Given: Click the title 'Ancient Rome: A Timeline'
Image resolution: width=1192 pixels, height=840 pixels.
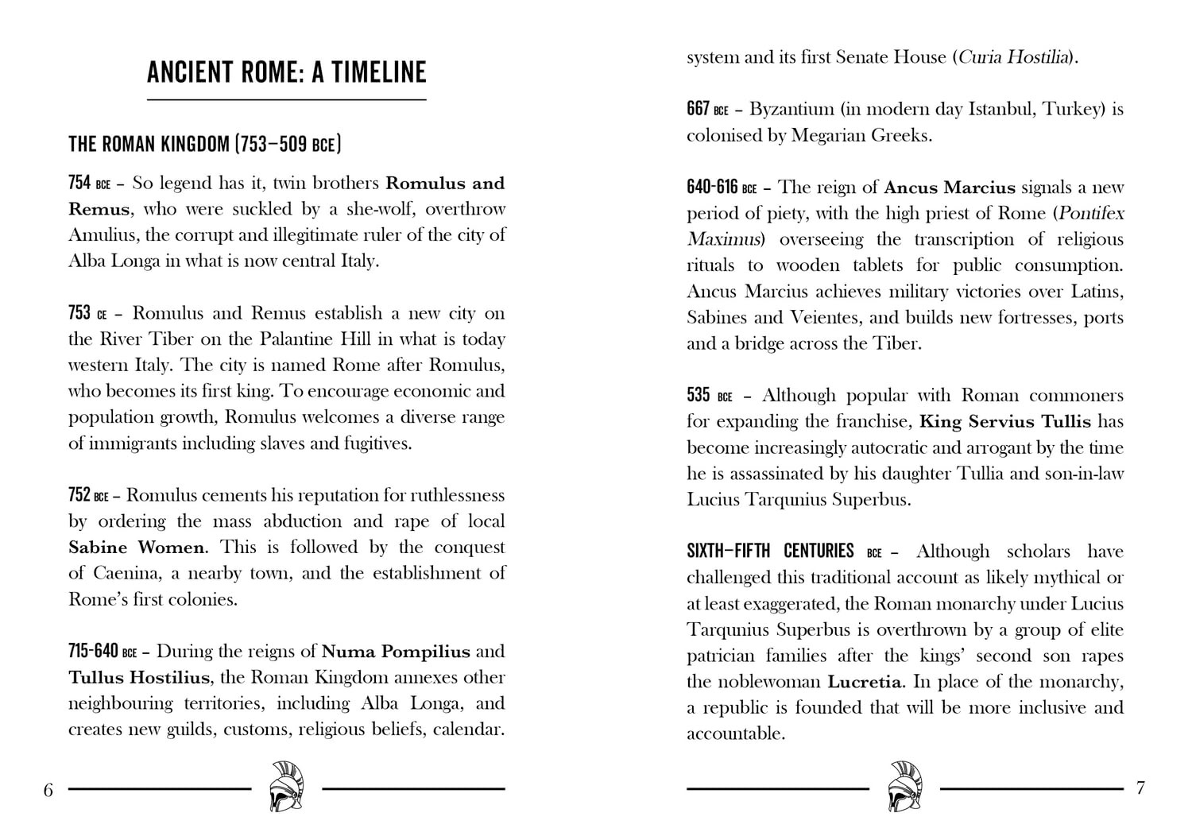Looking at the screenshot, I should click(x=286, y=72).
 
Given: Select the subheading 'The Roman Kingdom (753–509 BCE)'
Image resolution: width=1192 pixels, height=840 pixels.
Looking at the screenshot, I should click(x=204, y=144).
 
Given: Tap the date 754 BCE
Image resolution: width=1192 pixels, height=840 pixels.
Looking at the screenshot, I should click(x=89, y=184).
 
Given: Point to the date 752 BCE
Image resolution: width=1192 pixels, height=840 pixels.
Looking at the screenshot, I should click(x=88, y=496).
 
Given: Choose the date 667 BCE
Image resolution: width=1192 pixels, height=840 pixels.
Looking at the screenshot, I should click(x=707, y=109).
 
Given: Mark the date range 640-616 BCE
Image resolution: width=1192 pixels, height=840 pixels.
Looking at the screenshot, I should click(x=722, y=188).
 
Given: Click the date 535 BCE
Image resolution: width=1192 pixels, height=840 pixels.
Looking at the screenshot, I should click(x=709, y=396).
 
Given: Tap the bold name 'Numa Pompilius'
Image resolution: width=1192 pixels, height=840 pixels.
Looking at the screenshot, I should click(x=396, y=652).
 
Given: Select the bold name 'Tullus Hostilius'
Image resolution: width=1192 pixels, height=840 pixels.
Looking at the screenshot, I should click(x=139, y=678).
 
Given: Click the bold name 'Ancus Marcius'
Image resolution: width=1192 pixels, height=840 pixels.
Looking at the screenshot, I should click(x=949, y=188).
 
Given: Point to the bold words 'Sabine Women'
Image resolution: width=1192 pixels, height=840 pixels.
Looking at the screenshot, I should click(x=136, y=548).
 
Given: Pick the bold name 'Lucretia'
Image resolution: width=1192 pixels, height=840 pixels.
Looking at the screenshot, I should click(x=865, y=682).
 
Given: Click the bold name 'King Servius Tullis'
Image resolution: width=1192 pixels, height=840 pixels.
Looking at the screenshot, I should click(x=1004, y=422).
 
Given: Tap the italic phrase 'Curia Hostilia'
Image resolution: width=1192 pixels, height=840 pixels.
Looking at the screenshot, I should click(x=1013, y=57).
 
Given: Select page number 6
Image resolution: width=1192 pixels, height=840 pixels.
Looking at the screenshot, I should click(x=48, y=790).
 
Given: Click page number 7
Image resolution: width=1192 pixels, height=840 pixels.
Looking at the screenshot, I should click(x=1141, y=788).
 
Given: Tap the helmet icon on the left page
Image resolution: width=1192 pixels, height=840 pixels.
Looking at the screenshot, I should click(x=286, y=787).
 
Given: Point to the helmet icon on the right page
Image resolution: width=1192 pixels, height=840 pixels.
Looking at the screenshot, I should click(x=905, y=787).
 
